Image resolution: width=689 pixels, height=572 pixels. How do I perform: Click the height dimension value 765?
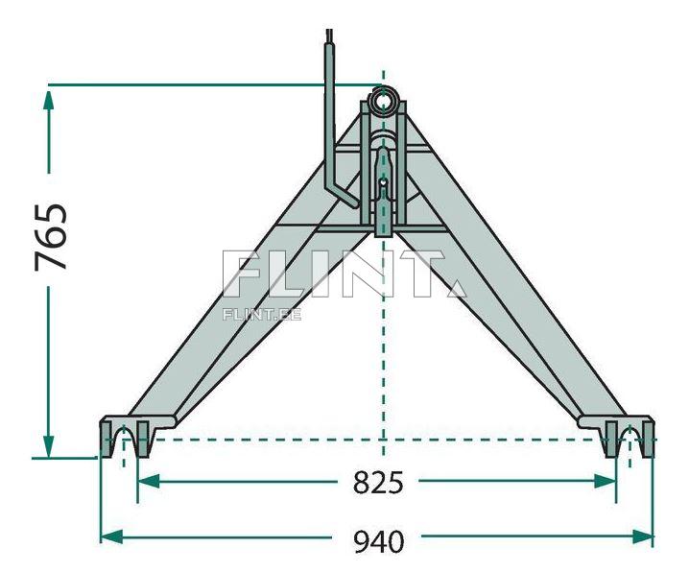point(51,236)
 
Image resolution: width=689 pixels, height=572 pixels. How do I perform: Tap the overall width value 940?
point(377,540)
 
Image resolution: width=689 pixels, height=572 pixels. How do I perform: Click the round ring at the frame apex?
point(384,100)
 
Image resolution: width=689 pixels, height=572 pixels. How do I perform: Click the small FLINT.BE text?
point(261,314)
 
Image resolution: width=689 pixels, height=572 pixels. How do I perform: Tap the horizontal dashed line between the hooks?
point(288,438)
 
